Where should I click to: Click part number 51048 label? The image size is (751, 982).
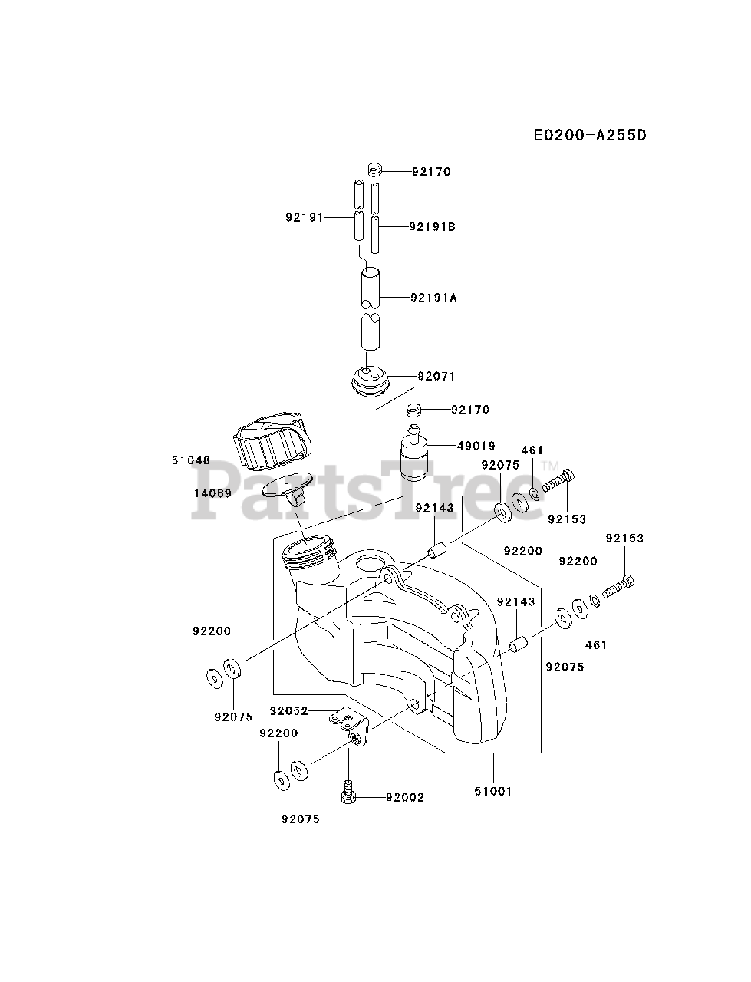click(191, 460)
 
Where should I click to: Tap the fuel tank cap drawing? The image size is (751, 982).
click(275, 443)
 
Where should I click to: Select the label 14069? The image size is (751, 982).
click(212, 493)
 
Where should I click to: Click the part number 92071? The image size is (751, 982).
click(436, 377)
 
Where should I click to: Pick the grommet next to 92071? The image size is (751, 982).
click(371, 381)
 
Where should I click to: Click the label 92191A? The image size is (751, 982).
click(433, 297)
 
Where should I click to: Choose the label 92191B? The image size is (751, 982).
click(433, 227)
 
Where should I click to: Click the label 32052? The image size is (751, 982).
click(288, 711)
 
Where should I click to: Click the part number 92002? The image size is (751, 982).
click(404, 798)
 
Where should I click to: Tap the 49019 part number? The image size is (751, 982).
click(476, 446)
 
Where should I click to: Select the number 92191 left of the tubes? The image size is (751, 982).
click(304, 218)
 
